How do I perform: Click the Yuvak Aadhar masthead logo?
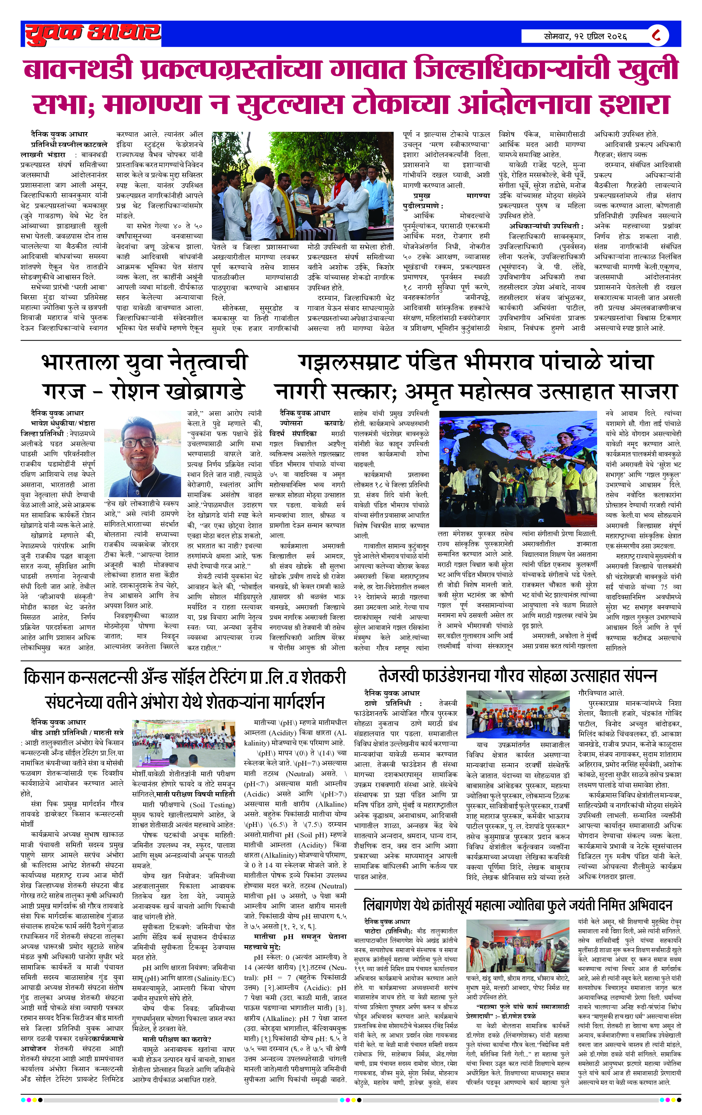coord(93,34)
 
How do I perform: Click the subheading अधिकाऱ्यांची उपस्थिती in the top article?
coord(545,226)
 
